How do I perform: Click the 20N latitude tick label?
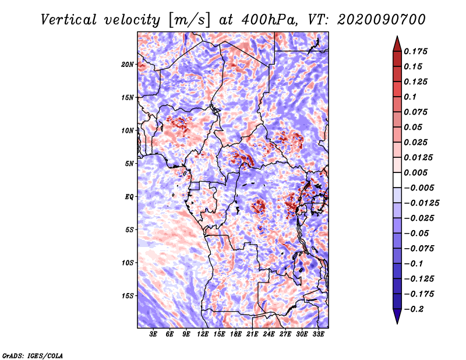pyautogui.click(x=128, y=65)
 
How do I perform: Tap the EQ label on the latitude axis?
pyautogui.click(x=129, y=197)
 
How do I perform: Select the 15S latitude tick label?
pyautogui.click(x=128, y=296)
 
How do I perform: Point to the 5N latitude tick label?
pyautogui.click(x=129, y=164)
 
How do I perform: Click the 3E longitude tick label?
pyautogui.click(x=153, y=334)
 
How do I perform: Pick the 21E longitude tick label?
pyautogui.click(x=252, y=334)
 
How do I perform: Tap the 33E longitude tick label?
pyautogui.click(x=318, y=334)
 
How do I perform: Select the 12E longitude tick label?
pyautogui.click(x=203, y=334)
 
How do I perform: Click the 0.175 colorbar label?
pyautogui.click(x=415, y=51)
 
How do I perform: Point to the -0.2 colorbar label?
pyautogui.click(x=414, y=309)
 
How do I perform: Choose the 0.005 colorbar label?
pyautogui.click(x=415, y=172)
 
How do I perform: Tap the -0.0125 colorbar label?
pyautogui.click(x=421, y=203)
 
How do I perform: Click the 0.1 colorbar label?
pyautogui.click(x=410, y=97)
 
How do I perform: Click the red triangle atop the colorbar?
pyautogui.click(x=397, y=45)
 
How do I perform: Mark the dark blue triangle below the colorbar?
pyautogui.click(x=397, y=315)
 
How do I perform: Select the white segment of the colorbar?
pyautogui.click(x=397, y=180)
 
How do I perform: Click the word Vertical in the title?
pyautogui.click(x=69, y=20)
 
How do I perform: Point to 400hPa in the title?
pyautogui.click(x=269, y=20)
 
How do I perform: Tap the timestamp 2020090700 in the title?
pyautogui.click(x=382, y=20)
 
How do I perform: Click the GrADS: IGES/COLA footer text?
pyautogui.click(x=33, y=355)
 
